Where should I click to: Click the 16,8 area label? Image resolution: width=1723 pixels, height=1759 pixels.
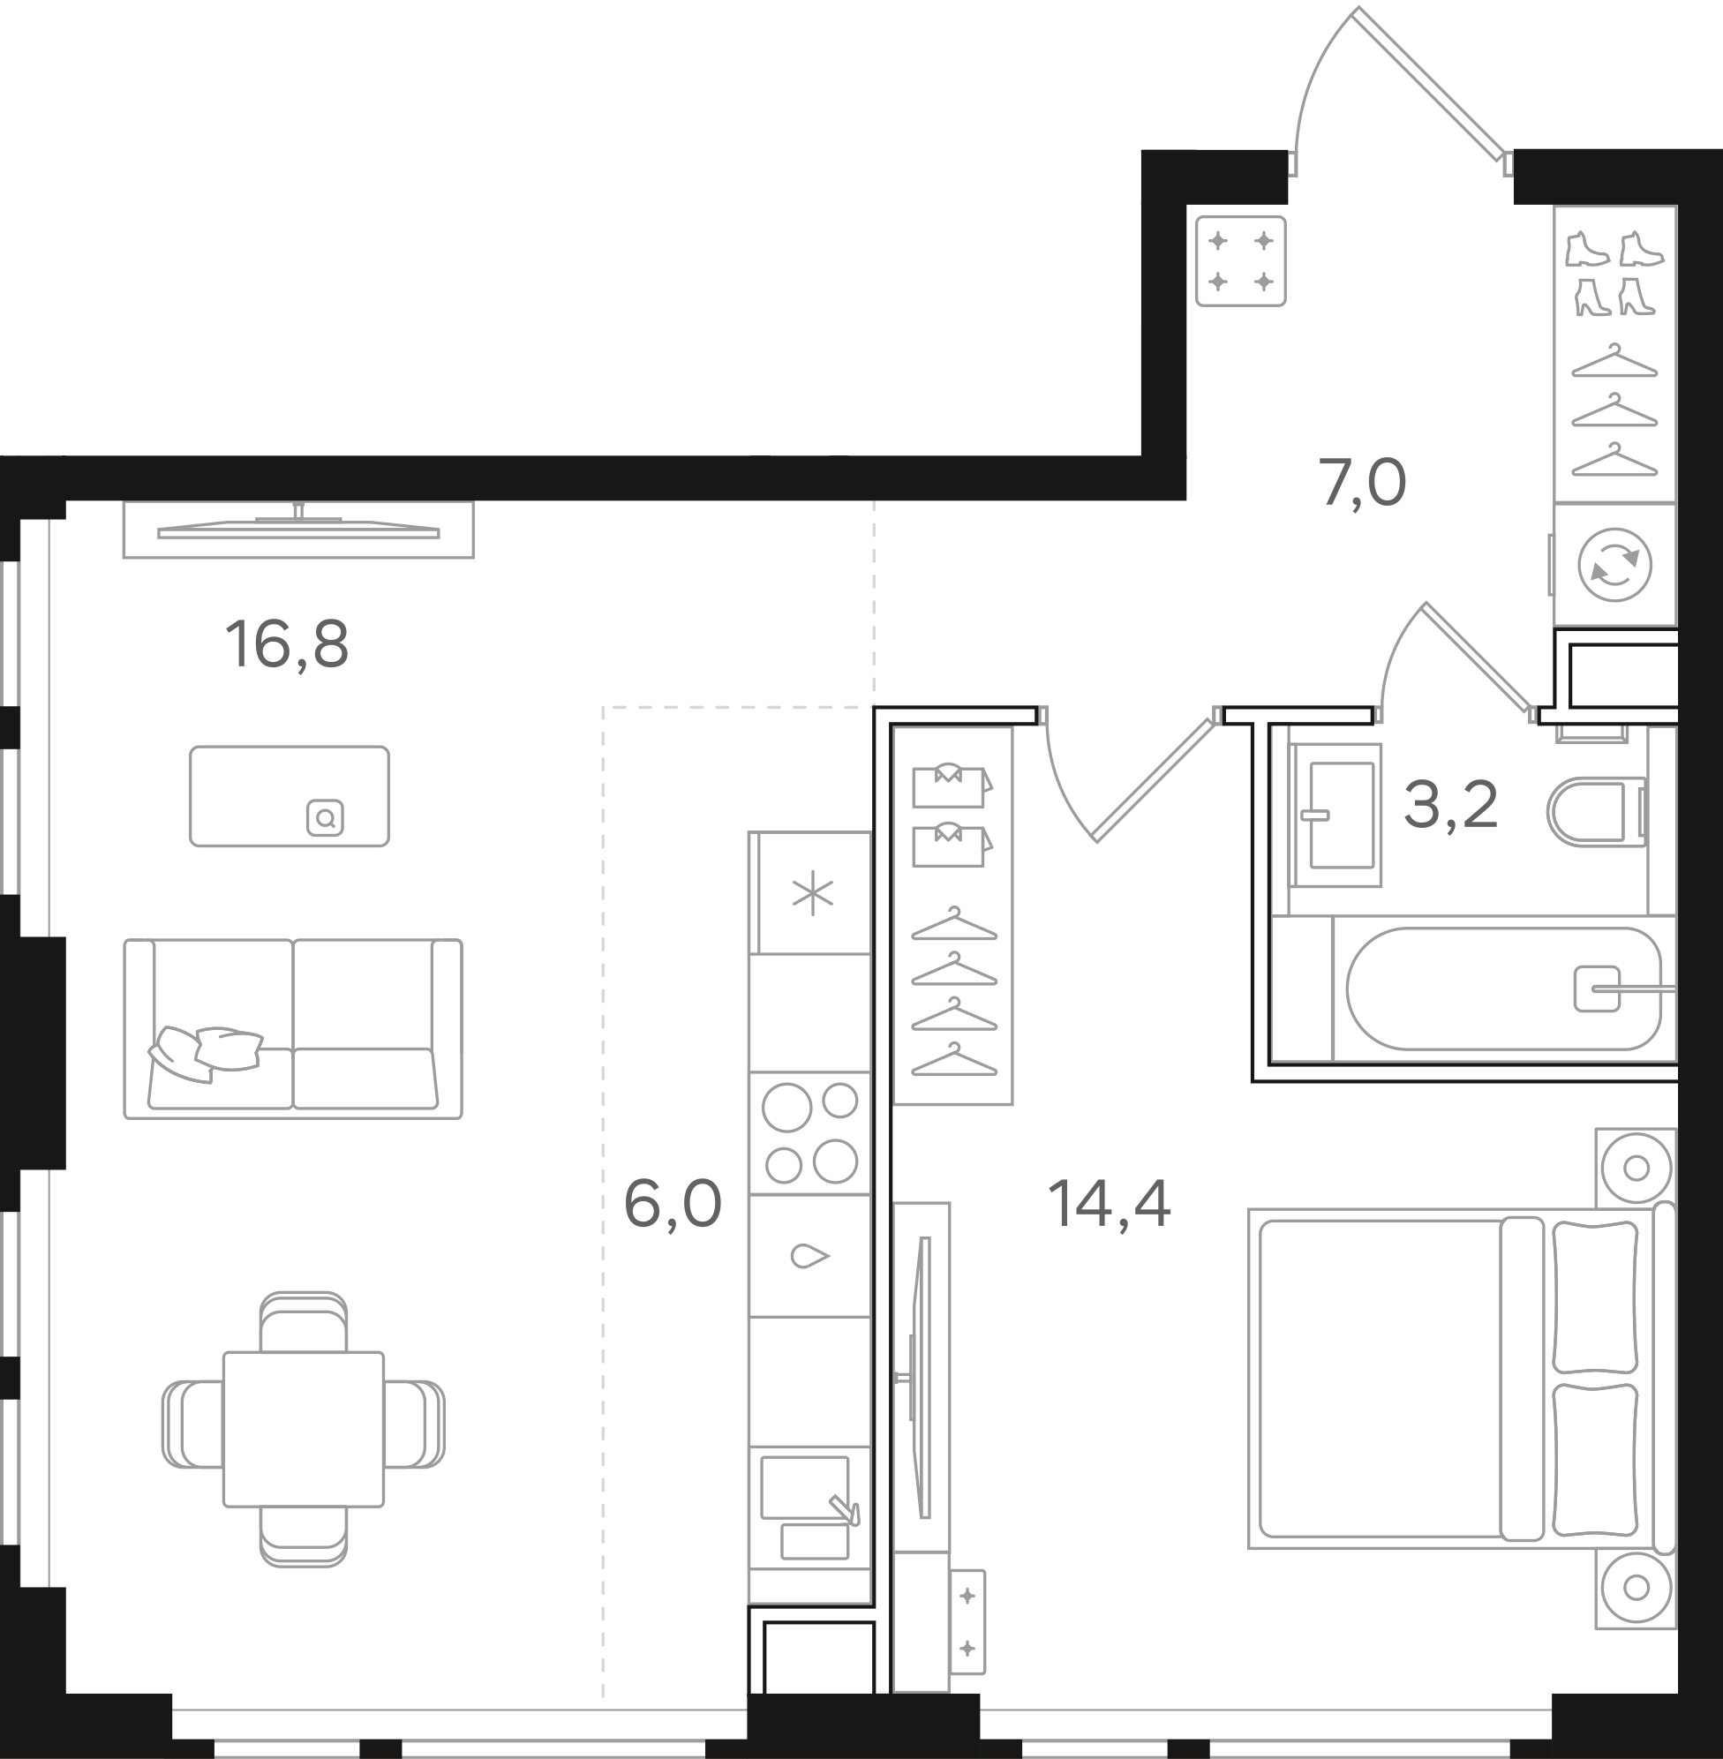287,645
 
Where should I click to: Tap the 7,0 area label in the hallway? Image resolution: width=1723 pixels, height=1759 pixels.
1363,484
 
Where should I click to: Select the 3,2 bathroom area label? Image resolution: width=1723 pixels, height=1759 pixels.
1450,805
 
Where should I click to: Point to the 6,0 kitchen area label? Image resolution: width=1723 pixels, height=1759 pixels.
673,1206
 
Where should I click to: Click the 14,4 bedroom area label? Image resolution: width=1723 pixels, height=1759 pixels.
1110,1205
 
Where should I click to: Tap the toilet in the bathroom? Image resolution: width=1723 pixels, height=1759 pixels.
1597,812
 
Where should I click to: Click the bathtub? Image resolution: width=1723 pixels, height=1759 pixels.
1504,988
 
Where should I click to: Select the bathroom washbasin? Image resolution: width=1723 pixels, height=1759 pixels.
1336,816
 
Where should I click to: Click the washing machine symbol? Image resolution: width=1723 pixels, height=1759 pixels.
1615,565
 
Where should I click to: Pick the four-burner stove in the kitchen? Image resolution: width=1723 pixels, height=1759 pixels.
810,1133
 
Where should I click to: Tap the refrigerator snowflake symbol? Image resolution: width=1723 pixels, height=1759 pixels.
812,893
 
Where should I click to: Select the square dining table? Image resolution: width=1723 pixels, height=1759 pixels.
304,1430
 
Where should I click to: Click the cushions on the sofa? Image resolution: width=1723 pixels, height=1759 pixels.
207,1052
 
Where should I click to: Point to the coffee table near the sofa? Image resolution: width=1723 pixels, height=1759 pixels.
290,796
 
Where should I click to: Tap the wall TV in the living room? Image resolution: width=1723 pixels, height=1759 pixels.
298,530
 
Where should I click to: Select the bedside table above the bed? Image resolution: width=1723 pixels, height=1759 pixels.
1636,1169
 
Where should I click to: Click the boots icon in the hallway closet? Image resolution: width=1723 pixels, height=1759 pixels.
1615,274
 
